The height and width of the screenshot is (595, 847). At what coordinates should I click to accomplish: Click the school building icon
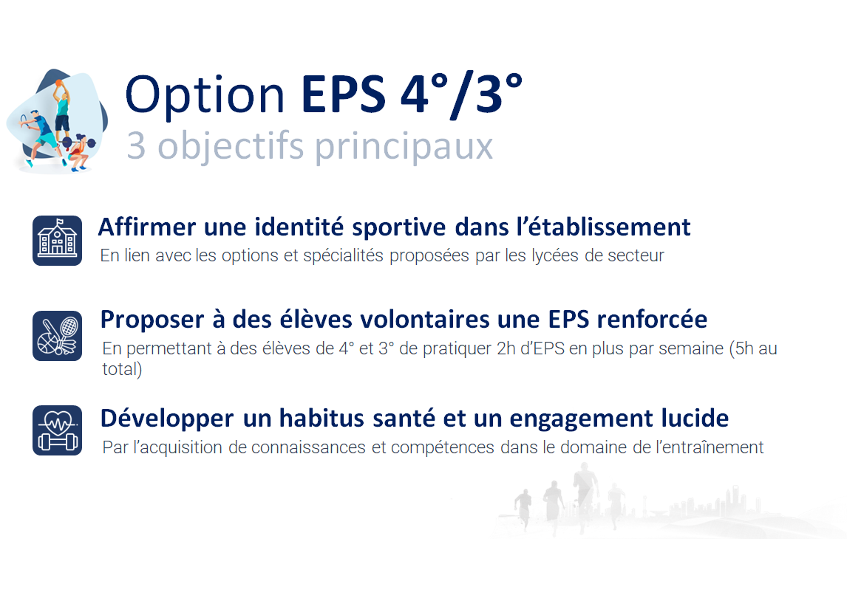(57, 241)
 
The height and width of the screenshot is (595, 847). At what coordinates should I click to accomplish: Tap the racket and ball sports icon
(57, 336)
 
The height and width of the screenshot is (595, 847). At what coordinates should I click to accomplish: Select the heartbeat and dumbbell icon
(57, 430)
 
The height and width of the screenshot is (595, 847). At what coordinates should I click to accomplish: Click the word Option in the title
(205, 95)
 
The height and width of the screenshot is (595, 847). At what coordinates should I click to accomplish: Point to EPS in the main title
(344, 95)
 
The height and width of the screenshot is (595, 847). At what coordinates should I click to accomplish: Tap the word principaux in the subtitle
(404, 147)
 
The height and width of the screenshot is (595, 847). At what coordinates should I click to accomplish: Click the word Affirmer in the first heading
(146, 227)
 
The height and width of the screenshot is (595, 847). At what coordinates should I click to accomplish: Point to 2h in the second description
(506, 348)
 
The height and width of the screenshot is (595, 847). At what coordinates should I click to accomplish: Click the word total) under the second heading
(122, 369)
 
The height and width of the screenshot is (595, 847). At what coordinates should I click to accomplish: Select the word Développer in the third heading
(167, 419)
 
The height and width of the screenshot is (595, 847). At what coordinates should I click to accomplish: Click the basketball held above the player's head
(59, 83)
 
